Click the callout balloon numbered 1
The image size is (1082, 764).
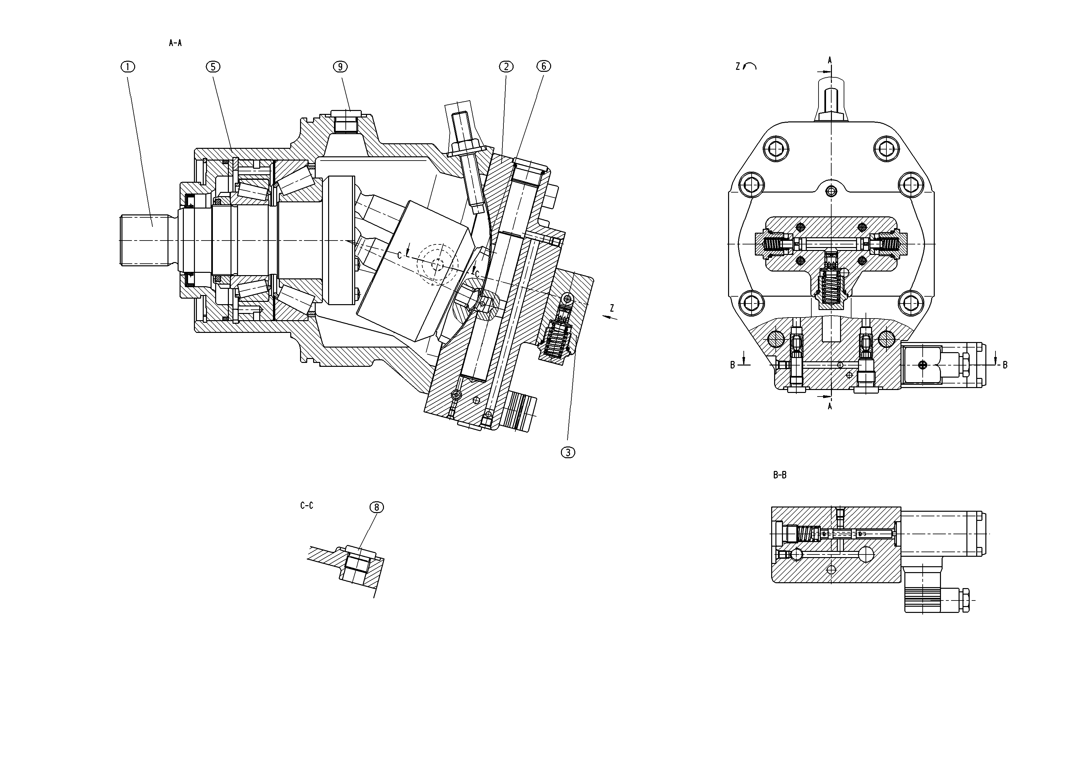128,67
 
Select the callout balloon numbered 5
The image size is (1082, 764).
213,67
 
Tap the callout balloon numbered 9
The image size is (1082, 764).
340,67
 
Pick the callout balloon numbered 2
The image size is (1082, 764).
506,67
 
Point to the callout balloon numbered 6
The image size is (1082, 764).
543,67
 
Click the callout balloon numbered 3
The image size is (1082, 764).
568,452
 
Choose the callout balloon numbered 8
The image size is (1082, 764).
376,507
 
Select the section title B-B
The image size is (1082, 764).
780,475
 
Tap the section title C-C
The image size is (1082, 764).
307,506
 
